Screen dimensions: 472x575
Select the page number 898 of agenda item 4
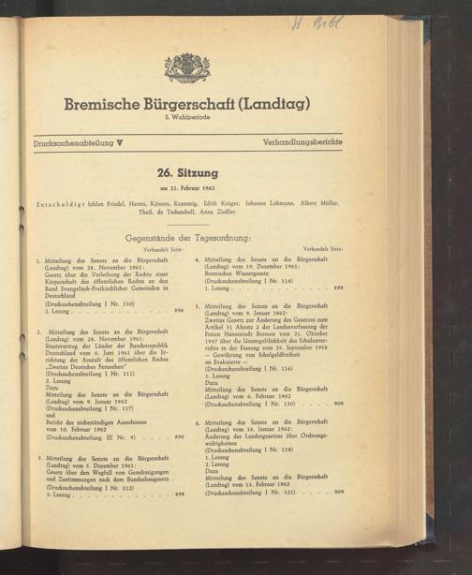[338, 289]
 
